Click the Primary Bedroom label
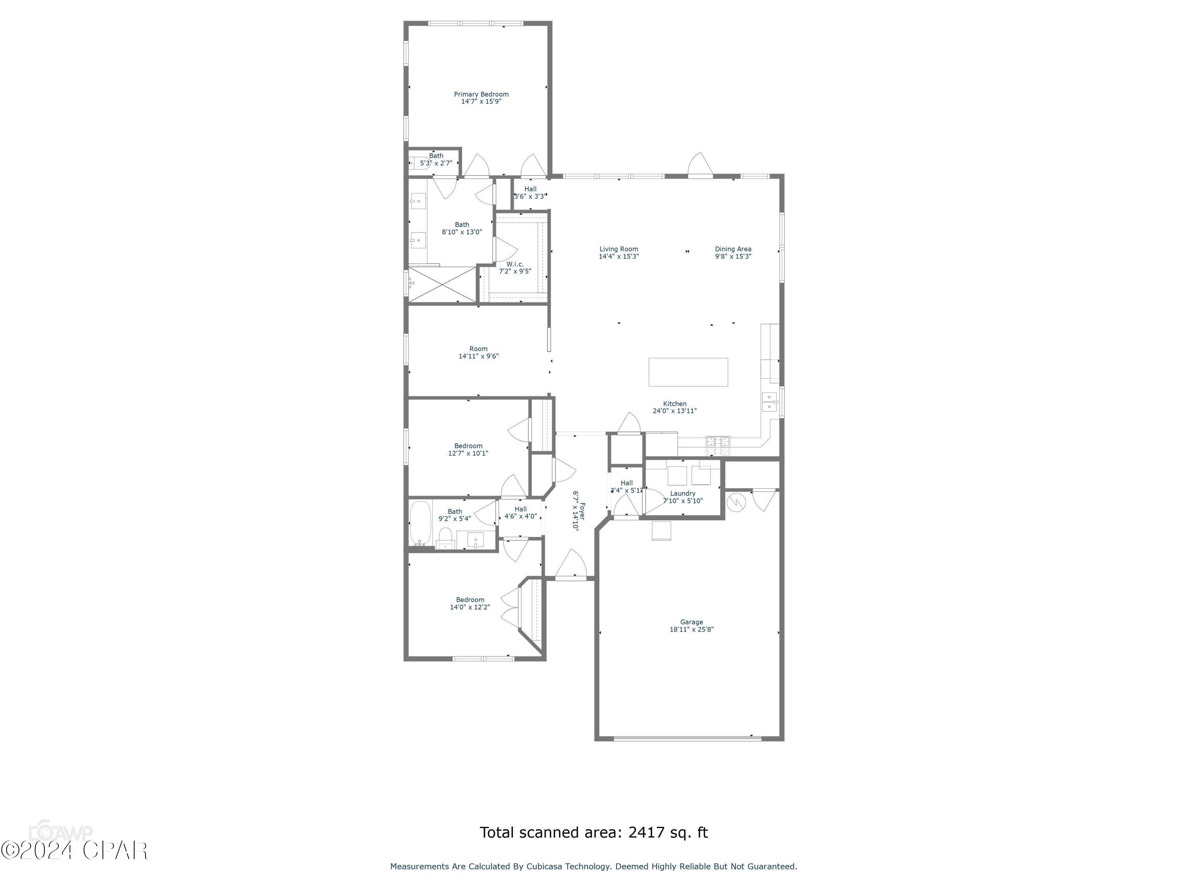point(481,94)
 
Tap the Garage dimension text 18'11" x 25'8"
point(691,630)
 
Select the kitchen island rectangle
point(688,372)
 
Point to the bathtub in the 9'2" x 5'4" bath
point(420,523)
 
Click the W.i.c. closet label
point(514,264)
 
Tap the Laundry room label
point(683,493)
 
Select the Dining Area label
point(733,249)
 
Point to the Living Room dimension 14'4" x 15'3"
point(618,257)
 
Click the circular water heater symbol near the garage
point(736,503)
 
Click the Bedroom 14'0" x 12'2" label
point(470,600)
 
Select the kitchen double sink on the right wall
point(769,402)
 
